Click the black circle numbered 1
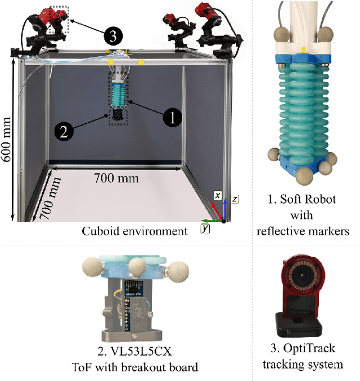pyautogui.click(x=173, y=118)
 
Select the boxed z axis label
pyautogui.click(x=234, y=199)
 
